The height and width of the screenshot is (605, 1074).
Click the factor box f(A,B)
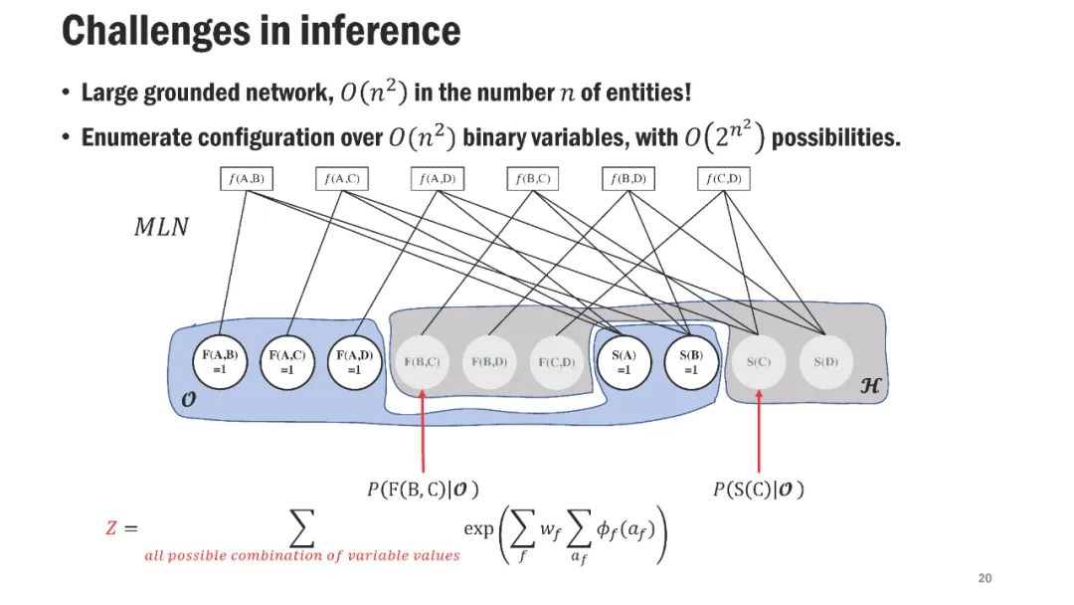(x=246, y=179)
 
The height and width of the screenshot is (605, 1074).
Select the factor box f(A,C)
(x=341, y=179)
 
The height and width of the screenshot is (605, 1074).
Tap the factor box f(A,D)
(x=438, y=179)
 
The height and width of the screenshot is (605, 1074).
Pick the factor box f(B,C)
(x=533, y=179)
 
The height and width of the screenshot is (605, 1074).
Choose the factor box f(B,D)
(x=628, y=179)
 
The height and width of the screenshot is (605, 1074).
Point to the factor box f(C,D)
(x=724, y=179)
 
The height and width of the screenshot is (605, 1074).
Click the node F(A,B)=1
(x=219, y=361)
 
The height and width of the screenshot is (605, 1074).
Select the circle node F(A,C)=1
(x=286, y=361)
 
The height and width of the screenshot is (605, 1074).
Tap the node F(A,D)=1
(x=354, y=361)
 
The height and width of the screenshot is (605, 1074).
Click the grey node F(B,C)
(x=423, y=361)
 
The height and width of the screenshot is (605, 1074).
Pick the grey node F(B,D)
(x=489, y=361)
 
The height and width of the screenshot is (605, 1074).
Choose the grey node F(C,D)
(x=557, y=361)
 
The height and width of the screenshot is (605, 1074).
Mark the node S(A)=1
(x=624, y=361)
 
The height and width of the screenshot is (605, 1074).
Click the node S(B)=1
(x=691, y=361)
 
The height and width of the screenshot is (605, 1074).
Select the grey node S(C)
(x=759, y=361)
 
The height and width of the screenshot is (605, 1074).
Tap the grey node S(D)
(x=825, y=361)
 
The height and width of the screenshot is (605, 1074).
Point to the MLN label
(x=160, y=227)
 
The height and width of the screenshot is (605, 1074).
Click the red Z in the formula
(x=111, y=528)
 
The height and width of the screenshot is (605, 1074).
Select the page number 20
(x=985, y=579)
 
